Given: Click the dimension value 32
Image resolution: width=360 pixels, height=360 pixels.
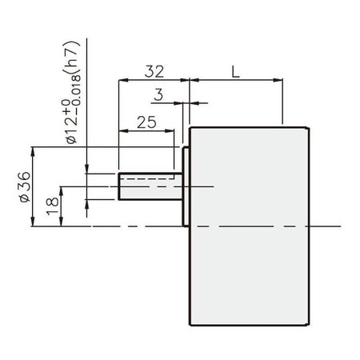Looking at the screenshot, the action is (x=154, y=71).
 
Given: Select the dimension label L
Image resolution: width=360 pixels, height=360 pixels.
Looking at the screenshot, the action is (x=236, y=71).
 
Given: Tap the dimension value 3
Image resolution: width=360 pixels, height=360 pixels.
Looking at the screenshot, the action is (x=158, y=94).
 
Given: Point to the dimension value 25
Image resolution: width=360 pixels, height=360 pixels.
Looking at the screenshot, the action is (x=146, y=122).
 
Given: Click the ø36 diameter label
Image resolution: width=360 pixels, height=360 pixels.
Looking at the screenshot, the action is (x=26, y=186).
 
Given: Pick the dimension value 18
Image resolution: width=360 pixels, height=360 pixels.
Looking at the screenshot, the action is (x=52, y=206).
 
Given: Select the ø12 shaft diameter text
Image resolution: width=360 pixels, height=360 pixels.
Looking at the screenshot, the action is (x=71, y=126).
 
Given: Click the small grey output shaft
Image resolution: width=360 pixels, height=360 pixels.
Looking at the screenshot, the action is (x=150, y=186).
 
